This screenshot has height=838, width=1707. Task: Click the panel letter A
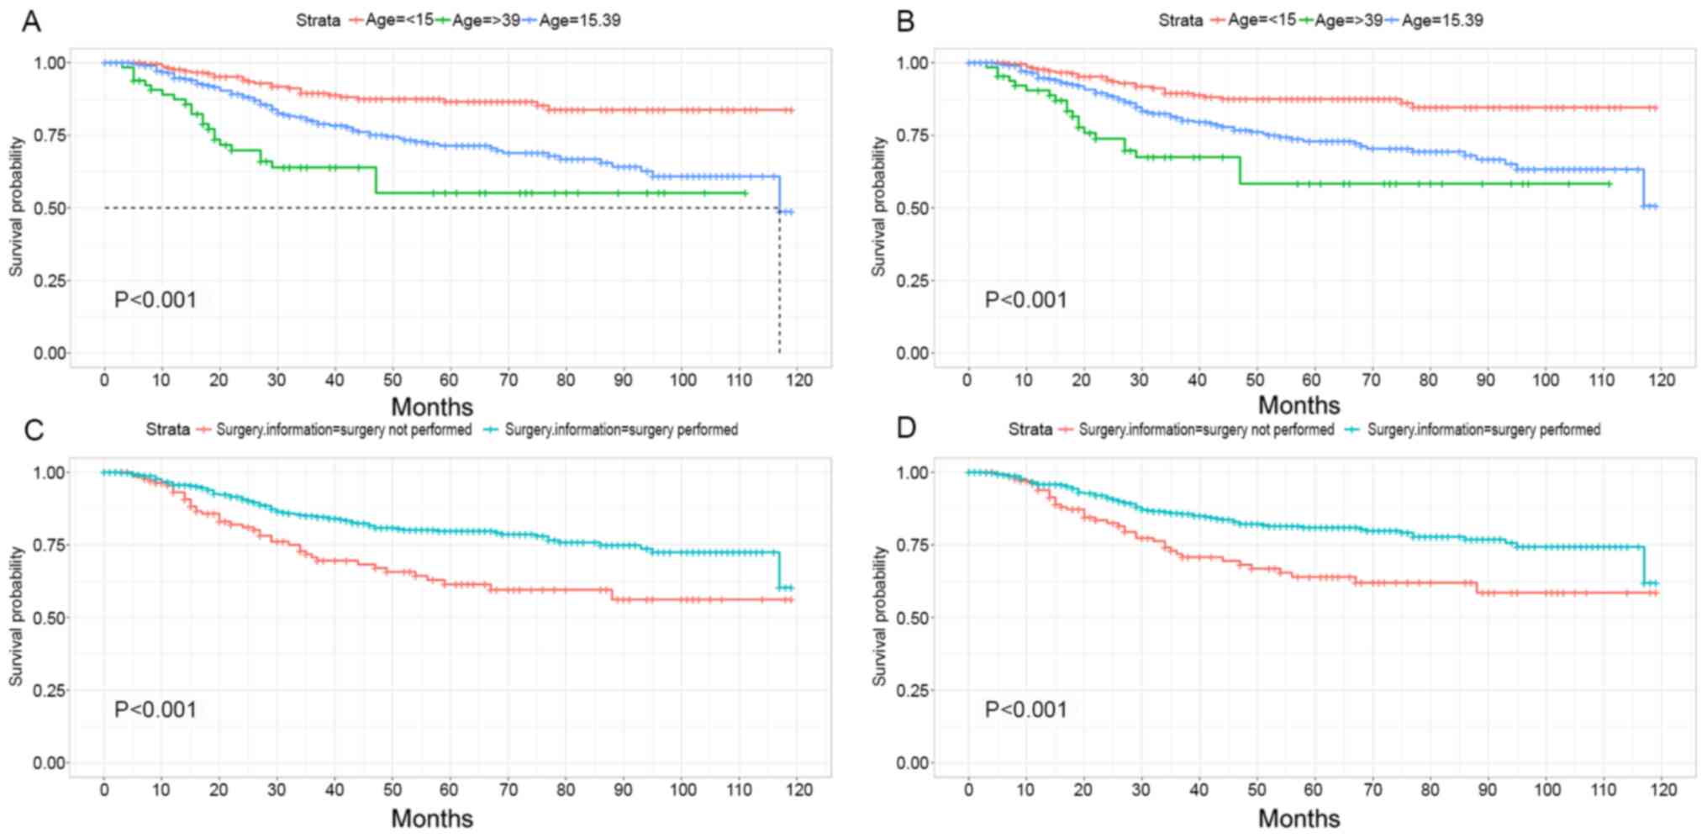click(x=31, y=21)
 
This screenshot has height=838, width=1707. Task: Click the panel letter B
click(x=905, y=21)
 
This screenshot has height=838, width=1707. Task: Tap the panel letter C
click(x=34, y=430)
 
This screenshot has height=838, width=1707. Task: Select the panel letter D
click(x=906, y=428)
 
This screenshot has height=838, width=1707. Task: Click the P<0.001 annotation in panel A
click(x=155, y=300)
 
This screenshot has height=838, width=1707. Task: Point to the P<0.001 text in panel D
click(x=1025, y=709)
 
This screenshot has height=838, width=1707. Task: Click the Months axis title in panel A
click(x=432, y=407)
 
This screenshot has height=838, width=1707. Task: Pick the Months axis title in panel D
click(x=1299, y=818)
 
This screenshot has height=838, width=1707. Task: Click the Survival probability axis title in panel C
click(x=16, y=616)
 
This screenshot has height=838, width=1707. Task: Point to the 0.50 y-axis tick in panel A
click(x=50, y=208)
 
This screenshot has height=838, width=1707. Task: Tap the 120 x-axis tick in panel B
click(x=1662, y=380)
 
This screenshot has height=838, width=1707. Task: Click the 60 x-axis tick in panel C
click(x=449, y=790)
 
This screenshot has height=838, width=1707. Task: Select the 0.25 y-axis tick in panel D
click(x=912, y=690)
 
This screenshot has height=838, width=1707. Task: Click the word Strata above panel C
click(x=168, y=430)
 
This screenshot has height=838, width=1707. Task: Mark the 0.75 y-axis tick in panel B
click(x=912, y=135)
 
